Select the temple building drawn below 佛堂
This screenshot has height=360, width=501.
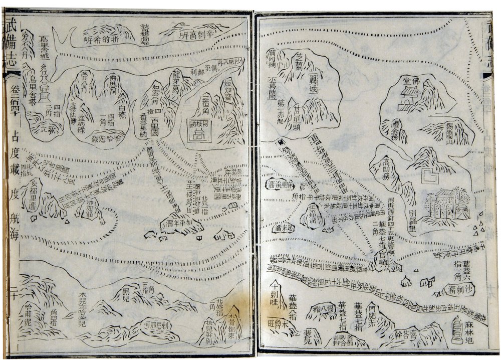coord(404,101)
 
